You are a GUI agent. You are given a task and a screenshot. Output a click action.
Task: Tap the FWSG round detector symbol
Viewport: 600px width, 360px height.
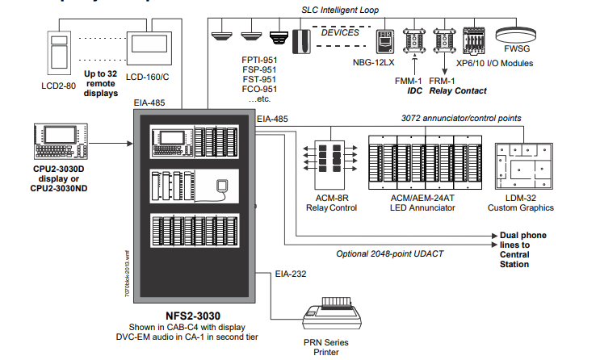pos(516,36)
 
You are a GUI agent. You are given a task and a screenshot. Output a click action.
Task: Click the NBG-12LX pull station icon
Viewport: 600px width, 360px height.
pos(385,40)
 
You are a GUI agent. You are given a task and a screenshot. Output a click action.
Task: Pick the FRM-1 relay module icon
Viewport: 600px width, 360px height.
pos(443,40)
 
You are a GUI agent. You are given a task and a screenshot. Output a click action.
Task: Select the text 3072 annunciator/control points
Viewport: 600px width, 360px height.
pos(461,119)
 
